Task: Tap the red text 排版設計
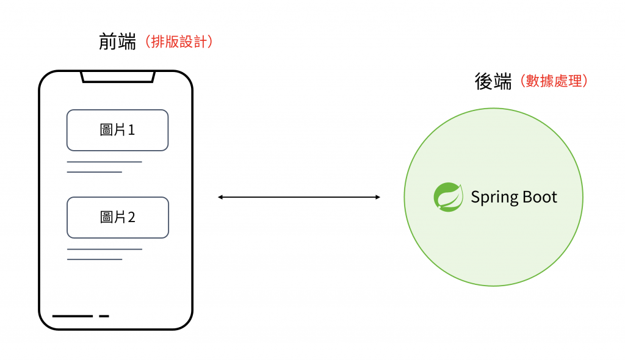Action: pyautogui.click(x=178, y=42)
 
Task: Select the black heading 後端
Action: pyautogui.click(x=493, y=81)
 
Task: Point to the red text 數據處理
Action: pyautogui.click(x=555, y=81)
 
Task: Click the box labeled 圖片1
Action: pyautogui.click(x=117, y=130)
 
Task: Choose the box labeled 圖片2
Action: pyautogui.click(x=117, y=217)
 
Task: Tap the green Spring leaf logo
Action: pyautogui.click(x=449, y=197)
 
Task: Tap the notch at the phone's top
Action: pyautogui.click(x=118, y=77)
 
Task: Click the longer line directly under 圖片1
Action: pyautogui.click(x=104, y=162)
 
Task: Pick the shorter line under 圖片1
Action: pyautogui.click(x=95, y=172)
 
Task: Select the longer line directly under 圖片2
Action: pyautogui.click(x=104, y=249)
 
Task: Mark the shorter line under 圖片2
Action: pyautogui.click(x=95, y=259)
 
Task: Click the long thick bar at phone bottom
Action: pyautogui.click(x=73, y=316)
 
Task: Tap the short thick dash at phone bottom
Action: pyautogui.click(x=104, y=316)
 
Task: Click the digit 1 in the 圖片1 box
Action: pyautogui.click(x=131, y=130)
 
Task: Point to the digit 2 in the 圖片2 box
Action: pyautogui.click(x=131, y=217)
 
